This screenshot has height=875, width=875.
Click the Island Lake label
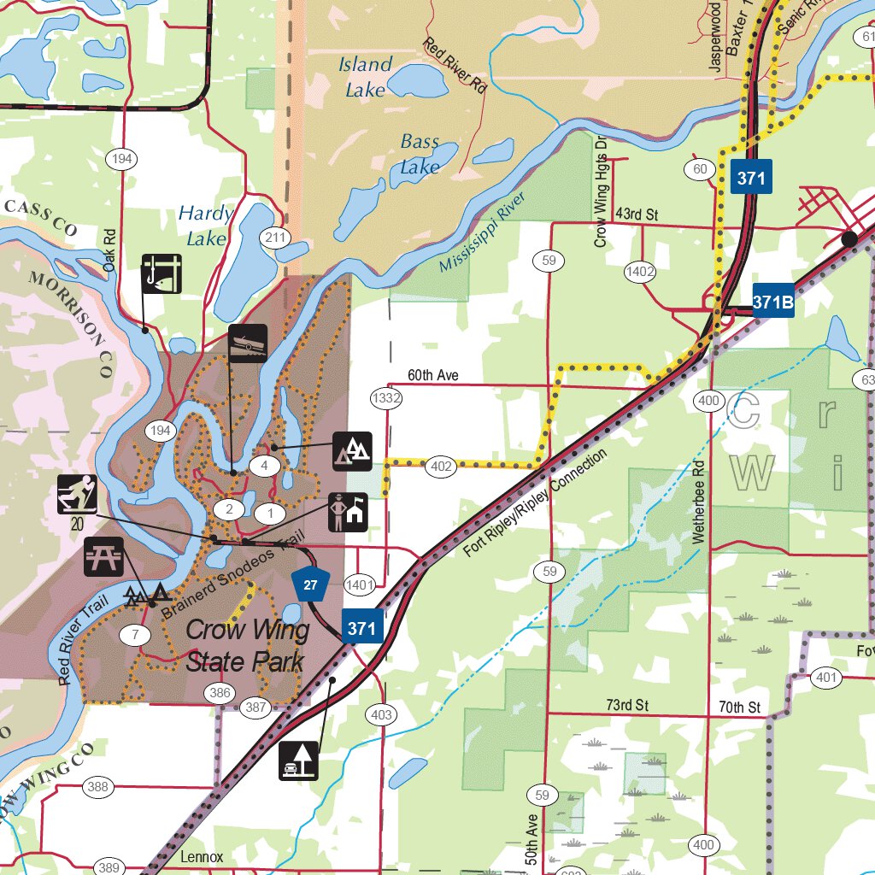pos(367,76)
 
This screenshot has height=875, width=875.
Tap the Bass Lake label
pos(420,155)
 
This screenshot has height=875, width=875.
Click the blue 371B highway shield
pos(773,302)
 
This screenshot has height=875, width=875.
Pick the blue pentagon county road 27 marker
pos(309,584)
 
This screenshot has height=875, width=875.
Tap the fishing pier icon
pos(161,273)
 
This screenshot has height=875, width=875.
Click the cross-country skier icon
pos(77,496)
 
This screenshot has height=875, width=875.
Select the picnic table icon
pos(104,556)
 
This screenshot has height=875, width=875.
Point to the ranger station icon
pos(349,512)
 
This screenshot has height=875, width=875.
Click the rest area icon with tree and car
pos(299,760)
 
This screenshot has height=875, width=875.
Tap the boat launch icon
pos(248,344)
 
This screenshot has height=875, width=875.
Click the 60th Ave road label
pos(432,375)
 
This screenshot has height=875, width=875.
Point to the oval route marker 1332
pos(386,397)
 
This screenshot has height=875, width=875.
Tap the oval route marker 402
pos(441,467)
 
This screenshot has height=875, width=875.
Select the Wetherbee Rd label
pos(698,503)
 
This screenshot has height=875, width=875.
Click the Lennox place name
pos(202,857)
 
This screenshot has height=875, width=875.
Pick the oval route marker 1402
pos(640,272)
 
